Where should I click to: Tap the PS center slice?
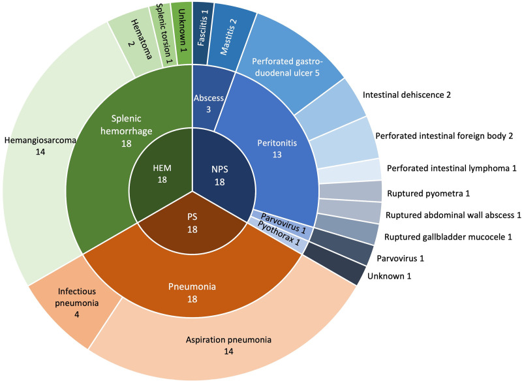(192, 228)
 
